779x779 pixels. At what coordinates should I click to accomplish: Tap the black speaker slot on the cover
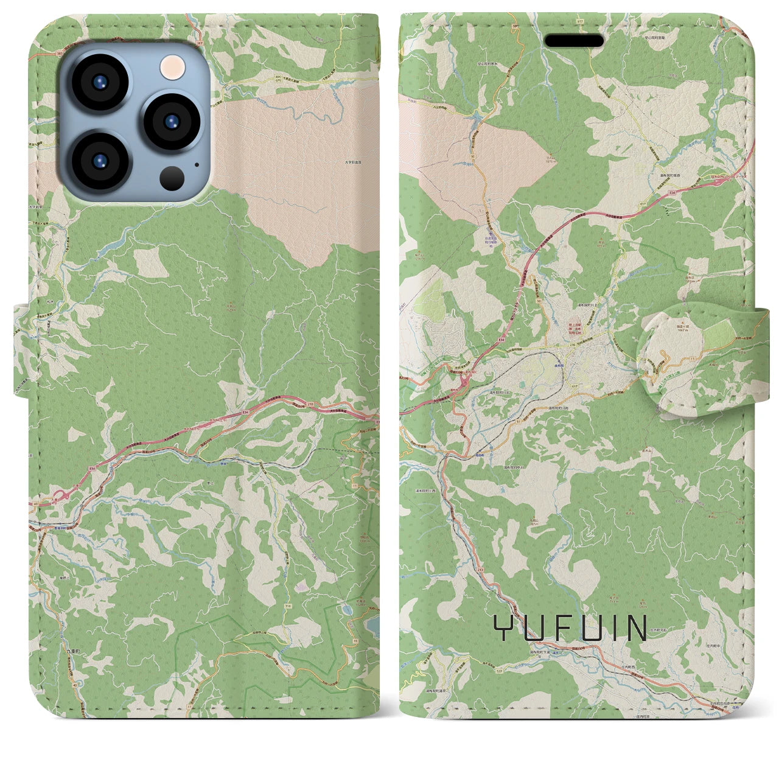(x=573, y=41)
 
